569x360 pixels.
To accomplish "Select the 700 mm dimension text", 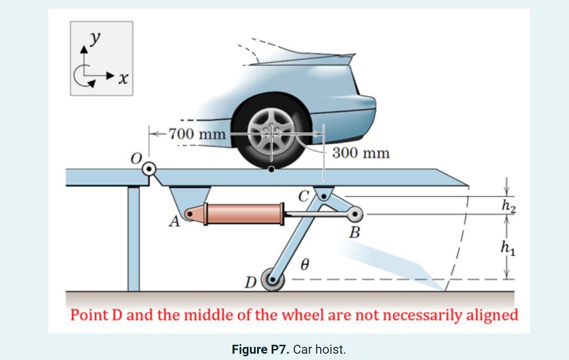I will (x=197, y=134).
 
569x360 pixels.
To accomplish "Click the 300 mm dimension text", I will (x=361, y=153).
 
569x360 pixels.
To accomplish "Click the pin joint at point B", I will (x=355, y=214).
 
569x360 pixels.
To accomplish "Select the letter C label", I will (x=304, y=196).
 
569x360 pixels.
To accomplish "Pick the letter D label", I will (x=251, y=283).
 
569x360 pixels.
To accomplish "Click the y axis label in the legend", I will (x=95, y=39).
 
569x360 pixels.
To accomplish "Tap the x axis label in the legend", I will (x=123, y=79).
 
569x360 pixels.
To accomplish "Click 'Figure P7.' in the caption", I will (x=260, y=350).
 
